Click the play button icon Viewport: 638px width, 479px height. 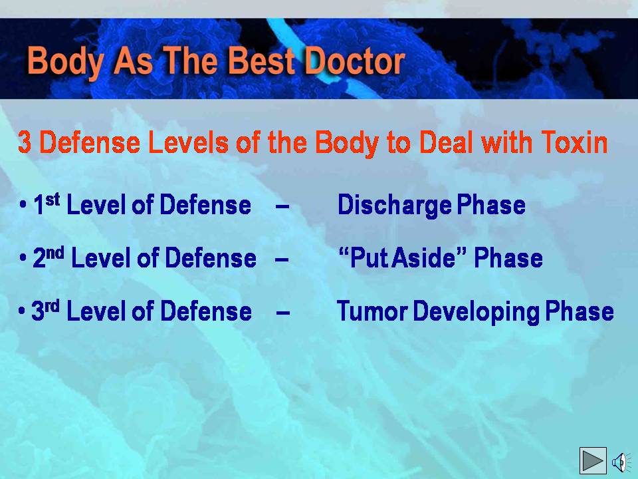click(593, 460)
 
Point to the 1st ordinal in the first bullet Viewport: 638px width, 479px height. click(47, 204)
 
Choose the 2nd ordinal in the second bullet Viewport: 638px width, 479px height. click(49, 257)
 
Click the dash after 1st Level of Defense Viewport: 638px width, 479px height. click(282, 206)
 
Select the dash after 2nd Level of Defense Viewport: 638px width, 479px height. click(282, 260)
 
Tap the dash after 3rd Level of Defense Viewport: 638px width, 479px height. click(283, 313)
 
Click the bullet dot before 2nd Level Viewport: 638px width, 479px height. click(23, 258)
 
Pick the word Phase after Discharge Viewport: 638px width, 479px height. click(490, 204)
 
